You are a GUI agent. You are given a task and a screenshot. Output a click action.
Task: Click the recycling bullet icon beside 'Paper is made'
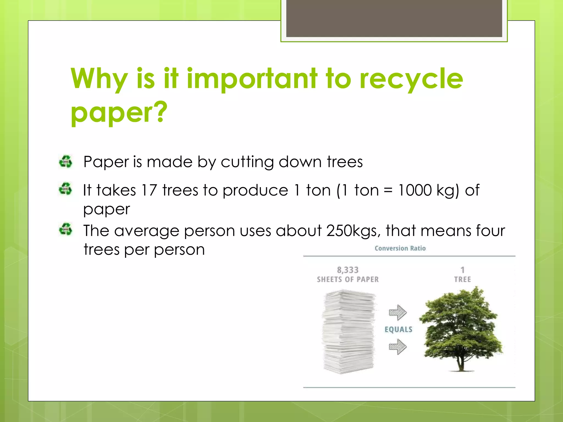tap(65, 161)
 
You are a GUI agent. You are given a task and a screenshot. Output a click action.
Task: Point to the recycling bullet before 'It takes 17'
tap(65, 189)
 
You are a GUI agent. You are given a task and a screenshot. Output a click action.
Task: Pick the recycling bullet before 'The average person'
tap(65, 229)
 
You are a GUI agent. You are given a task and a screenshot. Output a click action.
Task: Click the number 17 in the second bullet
tap(149, 190)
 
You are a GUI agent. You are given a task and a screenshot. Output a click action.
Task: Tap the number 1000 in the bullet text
tap(415, 190)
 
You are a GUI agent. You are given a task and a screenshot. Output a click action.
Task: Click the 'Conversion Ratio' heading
tap(400, 248)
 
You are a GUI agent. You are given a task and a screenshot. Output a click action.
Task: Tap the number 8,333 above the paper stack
tap(348, 270)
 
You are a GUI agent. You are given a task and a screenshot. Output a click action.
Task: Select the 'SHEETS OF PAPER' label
tap(348, 280)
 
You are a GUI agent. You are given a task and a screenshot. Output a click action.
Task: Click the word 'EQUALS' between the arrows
tap(398, 329)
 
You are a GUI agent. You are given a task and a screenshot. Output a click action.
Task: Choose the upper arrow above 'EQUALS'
tap(398, 312)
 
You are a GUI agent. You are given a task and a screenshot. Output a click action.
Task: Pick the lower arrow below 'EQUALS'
tap(398, 346)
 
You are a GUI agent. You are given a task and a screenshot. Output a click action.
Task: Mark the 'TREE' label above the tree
tap(462, 280)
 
